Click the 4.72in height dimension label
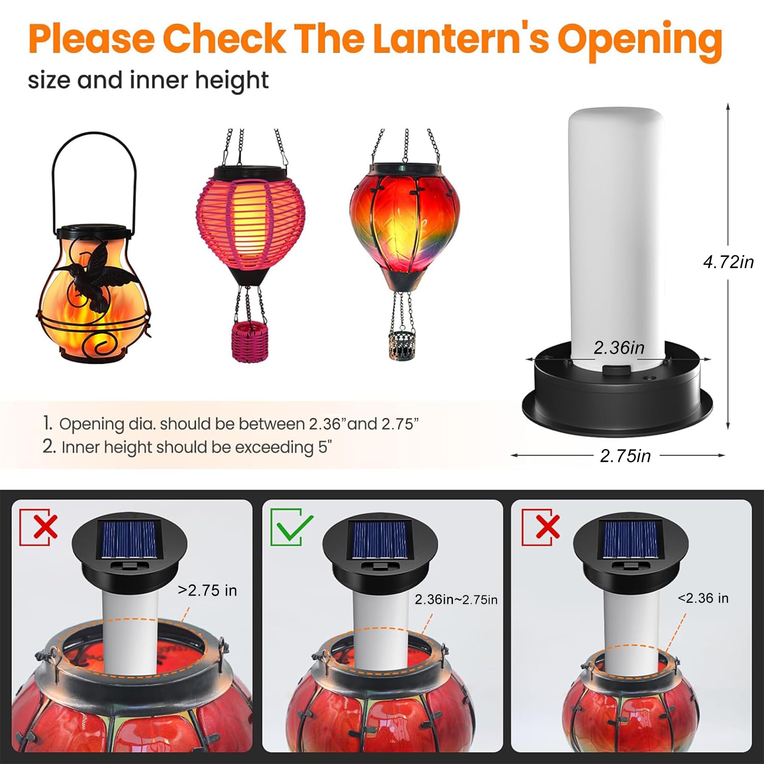[728, 262]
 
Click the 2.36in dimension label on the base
[619, 348]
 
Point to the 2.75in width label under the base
[625, 456]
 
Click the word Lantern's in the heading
[461, 39]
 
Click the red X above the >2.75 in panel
[45, 527]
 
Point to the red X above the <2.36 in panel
[548, 527]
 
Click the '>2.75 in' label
[207, 590]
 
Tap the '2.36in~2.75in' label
[456, 599]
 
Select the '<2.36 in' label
[703, 598]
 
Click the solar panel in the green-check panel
[380, 539]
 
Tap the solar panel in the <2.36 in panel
[630, 539]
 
